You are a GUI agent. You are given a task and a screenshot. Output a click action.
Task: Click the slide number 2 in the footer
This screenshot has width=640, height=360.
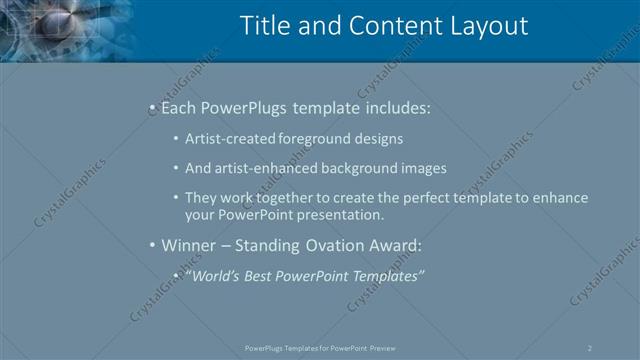click(x=590, y=348)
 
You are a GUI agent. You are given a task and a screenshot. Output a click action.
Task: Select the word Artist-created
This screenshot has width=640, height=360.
click(x=227, y=139)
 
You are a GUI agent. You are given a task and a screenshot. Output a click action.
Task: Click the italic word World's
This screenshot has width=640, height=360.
click(x=213, y=275)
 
